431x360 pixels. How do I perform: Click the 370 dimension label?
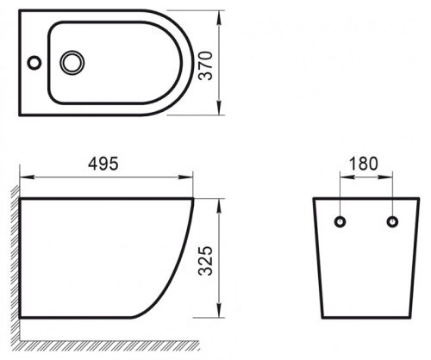[206, 65]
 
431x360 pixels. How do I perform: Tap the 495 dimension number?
[103, 164]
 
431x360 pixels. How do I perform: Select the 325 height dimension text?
[206, 261]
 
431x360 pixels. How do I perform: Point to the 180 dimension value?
[364, 164]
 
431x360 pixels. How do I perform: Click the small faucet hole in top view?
[34, 62]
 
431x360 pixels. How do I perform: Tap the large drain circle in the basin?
[72, 63]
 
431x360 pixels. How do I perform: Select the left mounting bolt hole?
[340, 221]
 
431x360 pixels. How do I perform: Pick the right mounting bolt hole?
[392, 221]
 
